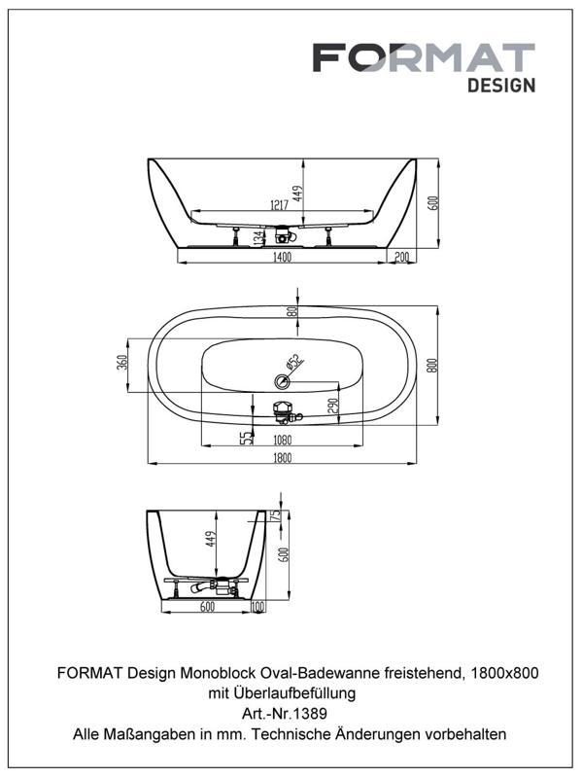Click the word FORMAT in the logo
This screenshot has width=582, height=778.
click(x=424, y=57)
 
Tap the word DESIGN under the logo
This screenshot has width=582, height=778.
click(x=501, y=86)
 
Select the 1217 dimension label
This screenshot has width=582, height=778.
click(x=280, y=204)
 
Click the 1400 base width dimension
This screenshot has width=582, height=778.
click(x=282, y=257)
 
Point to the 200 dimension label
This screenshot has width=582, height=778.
click(x=402, y=257)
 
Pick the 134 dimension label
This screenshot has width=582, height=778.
click(x=258, y=238)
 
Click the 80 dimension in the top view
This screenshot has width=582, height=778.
click(x=292, y=311)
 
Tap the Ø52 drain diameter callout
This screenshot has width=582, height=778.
click(x=294, y=363)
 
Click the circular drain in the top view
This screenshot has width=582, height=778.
click(x=282, y=381)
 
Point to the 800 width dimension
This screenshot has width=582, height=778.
click(x=432, y=366)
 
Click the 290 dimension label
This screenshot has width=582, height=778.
click(x=333, y=406)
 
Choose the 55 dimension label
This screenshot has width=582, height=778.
click(x=246, y=438)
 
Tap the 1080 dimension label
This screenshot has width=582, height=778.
click(x=283, y=440)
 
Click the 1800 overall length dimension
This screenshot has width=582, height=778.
click(x=282, y=458)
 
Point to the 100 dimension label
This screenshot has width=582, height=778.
click(x=258, y=606)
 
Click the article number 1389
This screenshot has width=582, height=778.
click(x=311, y=714)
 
